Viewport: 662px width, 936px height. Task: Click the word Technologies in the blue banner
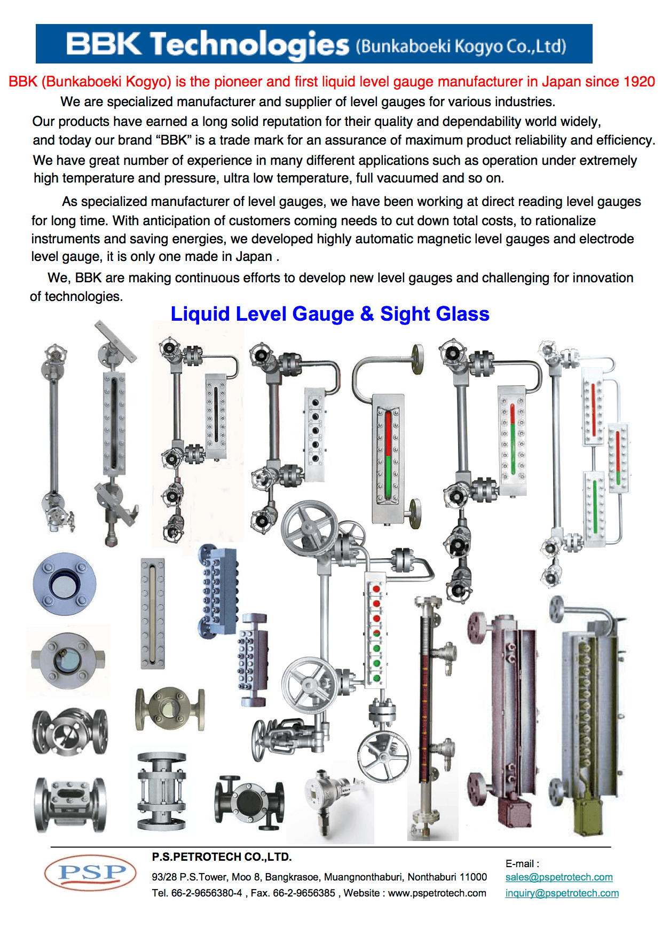pos(249,45)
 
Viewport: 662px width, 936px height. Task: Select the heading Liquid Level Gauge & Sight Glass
pos(330,314)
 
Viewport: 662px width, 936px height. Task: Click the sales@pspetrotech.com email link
pos(559,877)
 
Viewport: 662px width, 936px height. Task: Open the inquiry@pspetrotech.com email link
pos(562,893)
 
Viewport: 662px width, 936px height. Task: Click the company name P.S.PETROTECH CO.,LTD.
pos(222,857)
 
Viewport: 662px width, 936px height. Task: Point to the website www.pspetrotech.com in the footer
pos(437,893)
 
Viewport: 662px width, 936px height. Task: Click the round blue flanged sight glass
pos(65,584)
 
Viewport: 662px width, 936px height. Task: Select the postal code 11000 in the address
pos(473,877)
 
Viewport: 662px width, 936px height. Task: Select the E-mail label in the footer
pos(522,863)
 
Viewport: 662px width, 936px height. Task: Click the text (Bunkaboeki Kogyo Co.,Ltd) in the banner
pos(461,46)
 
